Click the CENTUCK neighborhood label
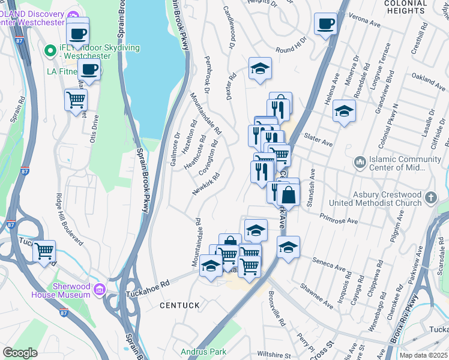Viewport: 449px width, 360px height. coord(179,305)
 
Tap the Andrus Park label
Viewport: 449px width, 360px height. coord(204,351)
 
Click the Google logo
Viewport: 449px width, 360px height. coord(20,353)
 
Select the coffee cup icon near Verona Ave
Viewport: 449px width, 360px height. coord(325,24)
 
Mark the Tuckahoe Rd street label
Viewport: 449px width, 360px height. coord(148,290)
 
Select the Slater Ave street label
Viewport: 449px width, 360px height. coord(318,140)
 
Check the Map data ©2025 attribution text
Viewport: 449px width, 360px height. coord(423,355)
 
